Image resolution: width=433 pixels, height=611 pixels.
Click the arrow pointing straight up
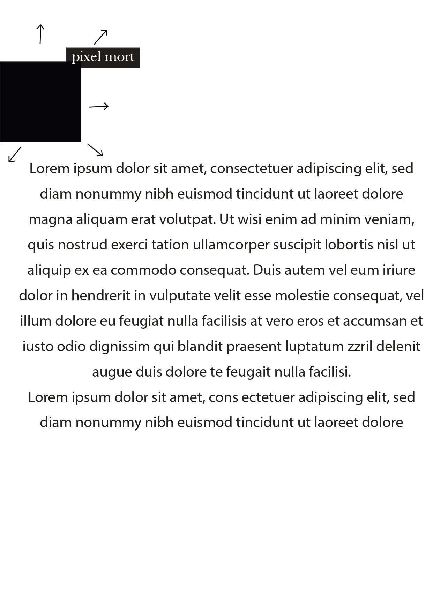(40, 34)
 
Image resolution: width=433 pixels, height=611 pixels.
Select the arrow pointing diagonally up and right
(100, 37)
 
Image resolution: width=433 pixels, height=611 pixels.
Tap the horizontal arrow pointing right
(99, 106)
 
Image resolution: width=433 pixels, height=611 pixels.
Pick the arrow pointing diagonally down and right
(95, 149)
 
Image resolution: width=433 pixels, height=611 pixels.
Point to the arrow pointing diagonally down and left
(15, 154)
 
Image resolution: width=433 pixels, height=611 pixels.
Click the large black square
(40, 102)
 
